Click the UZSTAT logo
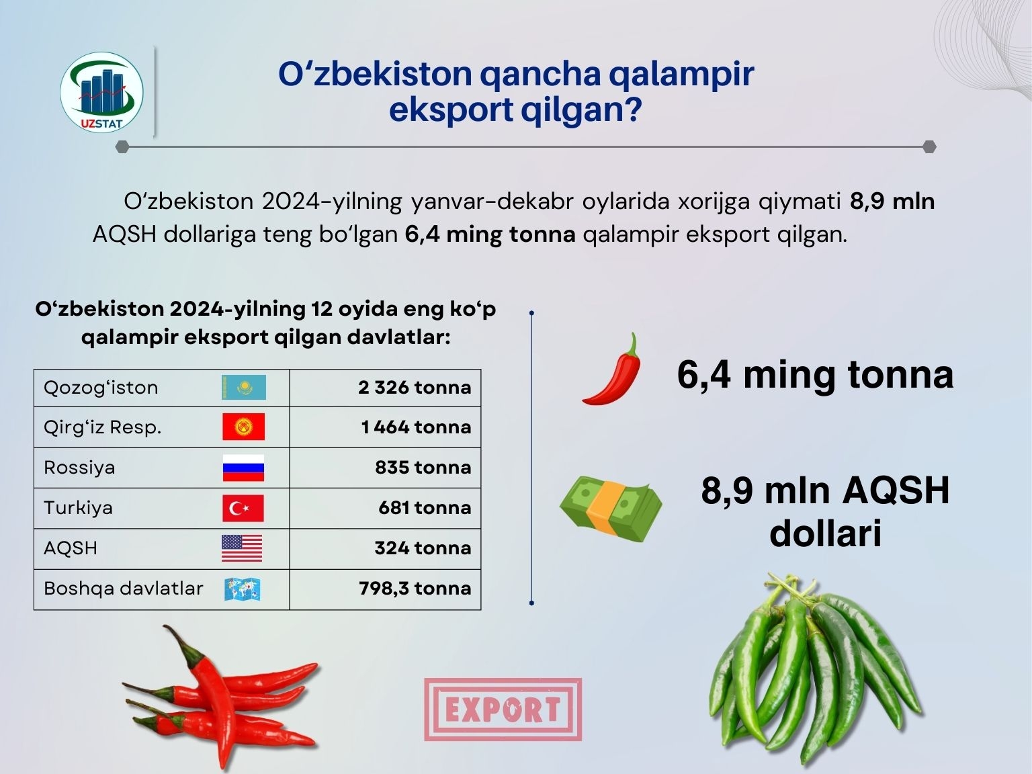coord(101,91)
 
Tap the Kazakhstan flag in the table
coord(243,387)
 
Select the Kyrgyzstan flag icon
coord(243,427)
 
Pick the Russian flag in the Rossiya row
coord(243,468)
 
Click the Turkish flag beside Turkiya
coord(243,508)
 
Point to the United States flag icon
coord(242,548)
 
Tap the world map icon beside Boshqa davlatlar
coord(243,589)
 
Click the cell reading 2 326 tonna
coord(414,388)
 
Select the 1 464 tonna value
coord(416,427)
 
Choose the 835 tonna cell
coord(423,468)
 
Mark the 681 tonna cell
coord(425,508)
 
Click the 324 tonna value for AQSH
coord(423,548)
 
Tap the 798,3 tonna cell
coord(415,589)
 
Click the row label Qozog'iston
coord(101,388)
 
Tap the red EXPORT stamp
coord(503,709)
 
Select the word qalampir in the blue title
coord(681,75)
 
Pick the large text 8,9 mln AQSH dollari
coord(825,511)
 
